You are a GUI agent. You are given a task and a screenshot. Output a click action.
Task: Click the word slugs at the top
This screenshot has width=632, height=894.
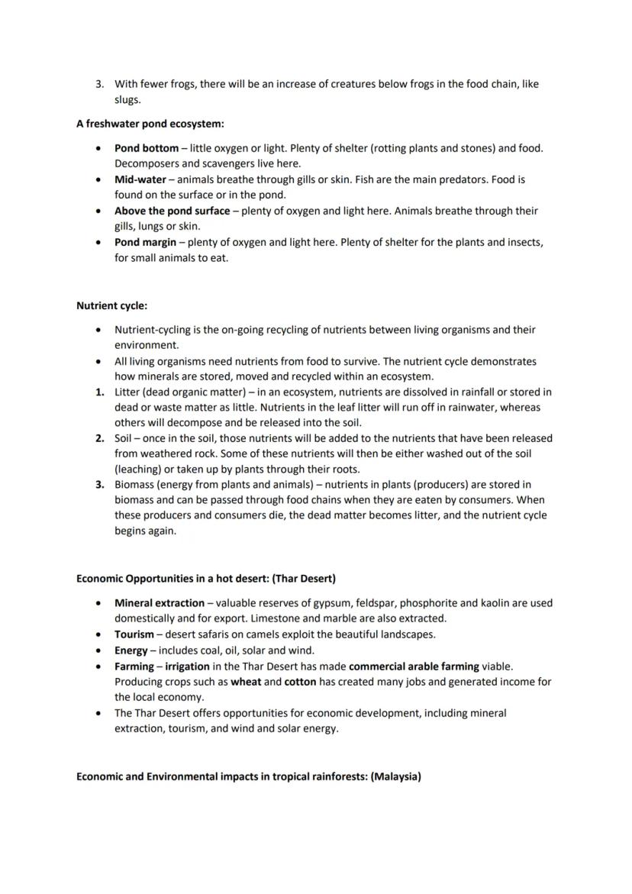click(x=127, y=100)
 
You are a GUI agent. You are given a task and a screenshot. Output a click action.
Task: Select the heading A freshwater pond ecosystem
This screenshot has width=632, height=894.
click(x=150, y=123)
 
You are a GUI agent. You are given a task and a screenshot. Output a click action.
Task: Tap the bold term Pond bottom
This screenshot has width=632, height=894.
click(x=146, y=148)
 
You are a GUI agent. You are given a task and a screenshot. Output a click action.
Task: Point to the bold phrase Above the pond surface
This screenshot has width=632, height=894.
click(x=172, y=211)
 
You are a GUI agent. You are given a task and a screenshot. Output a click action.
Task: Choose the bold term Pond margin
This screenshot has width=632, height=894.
click(x=147, y=242)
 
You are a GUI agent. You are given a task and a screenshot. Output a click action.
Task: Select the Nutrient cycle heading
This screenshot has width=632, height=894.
click(x=111, y=305)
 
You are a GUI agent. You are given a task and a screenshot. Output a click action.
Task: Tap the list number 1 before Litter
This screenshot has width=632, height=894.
click(x=99, y=392)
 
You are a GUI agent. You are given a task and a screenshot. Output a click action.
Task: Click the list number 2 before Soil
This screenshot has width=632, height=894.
click(x=99, y=438)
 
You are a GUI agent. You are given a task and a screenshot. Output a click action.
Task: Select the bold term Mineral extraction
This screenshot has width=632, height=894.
click(x=159, y=602)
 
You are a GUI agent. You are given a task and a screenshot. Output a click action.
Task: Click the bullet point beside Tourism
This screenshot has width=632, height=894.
click(x=99, y=634)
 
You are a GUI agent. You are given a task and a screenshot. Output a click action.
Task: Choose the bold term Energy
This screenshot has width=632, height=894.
click(x=131, y=650)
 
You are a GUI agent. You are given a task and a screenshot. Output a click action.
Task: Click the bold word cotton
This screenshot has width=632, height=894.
click(x=300, y=681)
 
